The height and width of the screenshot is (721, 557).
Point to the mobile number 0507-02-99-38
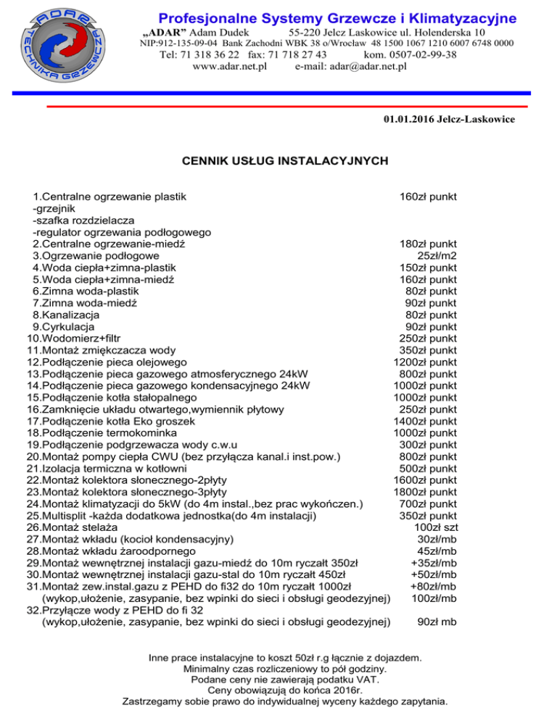tap(424, 54)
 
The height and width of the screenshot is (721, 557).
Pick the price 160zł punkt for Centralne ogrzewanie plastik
tap(428, 196)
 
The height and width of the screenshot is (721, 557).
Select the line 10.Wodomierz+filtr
tap(73, 338)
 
